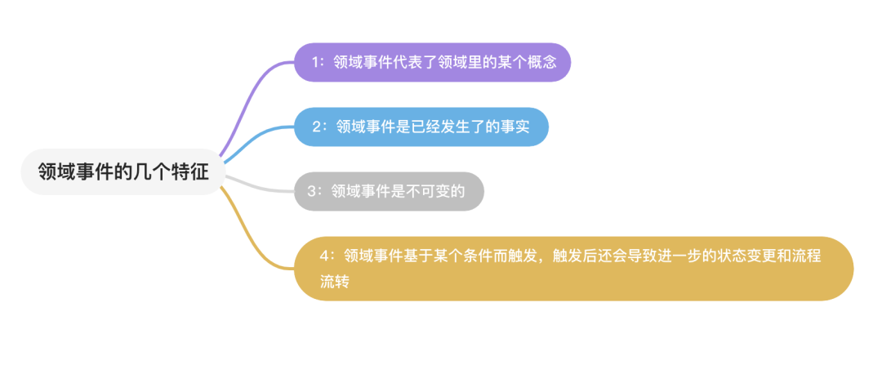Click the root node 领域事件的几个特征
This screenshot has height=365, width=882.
click(x=122, y=172)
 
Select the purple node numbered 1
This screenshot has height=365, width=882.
click(x=432, y=62)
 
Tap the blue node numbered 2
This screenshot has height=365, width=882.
click(x=421, y=127)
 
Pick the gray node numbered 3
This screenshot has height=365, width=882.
click(x=389, y=191)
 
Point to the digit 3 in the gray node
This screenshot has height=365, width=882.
click(x=312, y=192)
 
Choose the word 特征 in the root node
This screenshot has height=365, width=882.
click(x=190, y=172)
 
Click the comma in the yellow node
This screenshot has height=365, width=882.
click(x=541, y=259)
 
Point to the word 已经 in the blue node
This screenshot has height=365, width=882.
click(x=434, y=127)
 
